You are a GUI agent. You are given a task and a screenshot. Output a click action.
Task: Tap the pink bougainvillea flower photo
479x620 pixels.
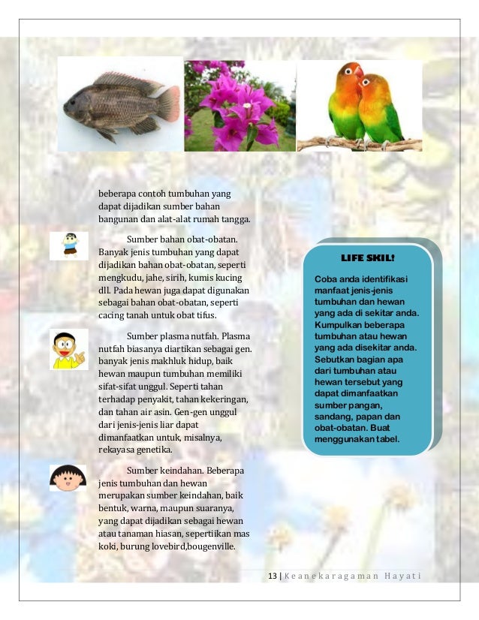(x=239, y=105)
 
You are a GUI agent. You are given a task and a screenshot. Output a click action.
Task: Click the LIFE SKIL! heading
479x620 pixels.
(x=367, y=257)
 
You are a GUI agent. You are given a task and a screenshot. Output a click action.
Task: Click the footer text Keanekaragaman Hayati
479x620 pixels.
(x=351, y=576)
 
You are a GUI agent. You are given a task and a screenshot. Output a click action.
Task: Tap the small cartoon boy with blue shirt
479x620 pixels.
(x=70, y=245)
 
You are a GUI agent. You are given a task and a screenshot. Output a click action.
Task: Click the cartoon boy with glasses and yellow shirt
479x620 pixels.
(x=69, y=348)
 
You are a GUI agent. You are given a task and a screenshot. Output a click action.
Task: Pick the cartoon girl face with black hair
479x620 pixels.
(x=68, y=478)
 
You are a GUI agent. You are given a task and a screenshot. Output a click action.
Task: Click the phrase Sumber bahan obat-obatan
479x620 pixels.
(x=187, y=239)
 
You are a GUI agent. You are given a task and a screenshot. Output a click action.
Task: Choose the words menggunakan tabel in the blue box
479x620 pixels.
(x=357, y=439)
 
